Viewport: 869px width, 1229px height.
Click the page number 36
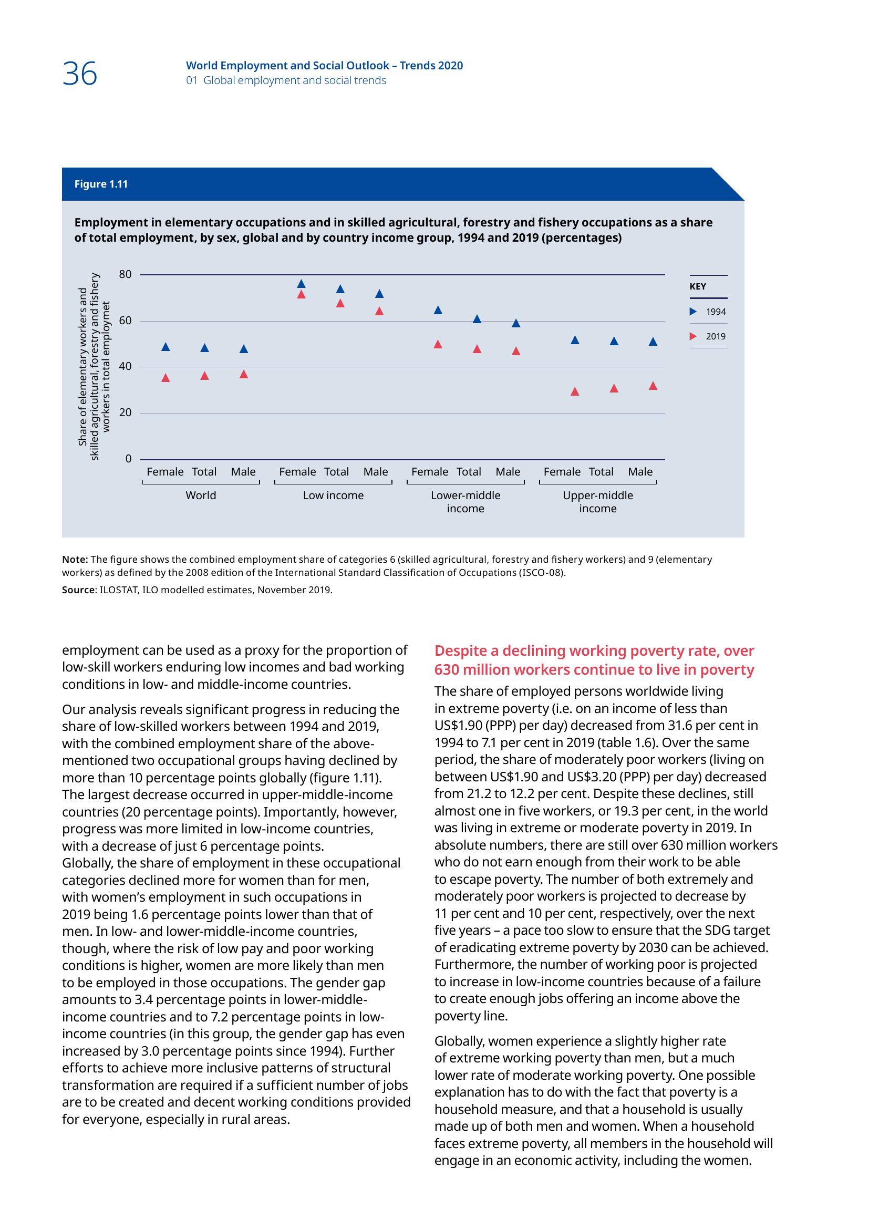[x=80, y=74]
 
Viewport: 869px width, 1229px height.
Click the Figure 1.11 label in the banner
[x=100, y=184]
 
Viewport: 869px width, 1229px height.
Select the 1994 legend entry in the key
[x=708, y=312]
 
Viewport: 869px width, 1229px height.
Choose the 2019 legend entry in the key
[x=708, y=336]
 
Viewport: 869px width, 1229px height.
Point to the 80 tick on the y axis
[x=125, y=275]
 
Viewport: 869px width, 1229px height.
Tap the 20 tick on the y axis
[x=125, y=412]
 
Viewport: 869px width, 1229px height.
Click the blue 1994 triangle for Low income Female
[x=301, y=284]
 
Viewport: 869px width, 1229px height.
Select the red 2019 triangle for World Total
[x=204, y=376]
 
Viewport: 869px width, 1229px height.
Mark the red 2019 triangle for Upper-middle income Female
[x=575, y=391]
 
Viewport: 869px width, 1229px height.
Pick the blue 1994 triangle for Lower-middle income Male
[x=516, y=323]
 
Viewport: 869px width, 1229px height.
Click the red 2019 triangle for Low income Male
[x=379, y=311]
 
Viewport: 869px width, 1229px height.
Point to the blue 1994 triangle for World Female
[x=165, y=347]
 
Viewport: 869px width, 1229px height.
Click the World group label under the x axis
[x=201, y=495]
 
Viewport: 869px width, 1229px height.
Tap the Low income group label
[x=333, y=495]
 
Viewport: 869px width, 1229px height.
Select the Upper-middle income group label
[x=598, y=502]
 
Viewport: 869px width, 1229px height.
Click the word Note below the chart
[x=75, y=560]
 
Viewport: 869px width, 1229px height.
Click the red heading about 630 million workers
[x=594, y=660]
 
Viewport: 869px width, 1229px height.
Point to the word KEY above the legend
[x=697, y=286]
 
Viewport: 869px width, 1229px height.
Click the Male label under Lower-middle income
[x=508, y=471]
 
